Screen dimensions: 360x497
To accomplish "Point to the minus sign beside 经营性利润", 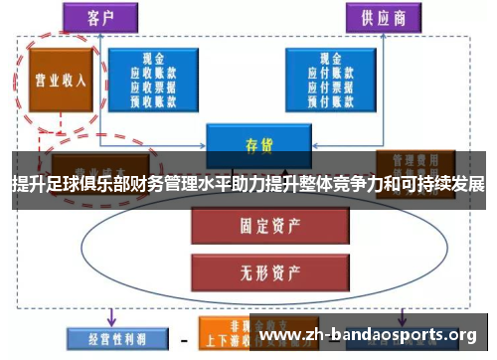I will point(183,339).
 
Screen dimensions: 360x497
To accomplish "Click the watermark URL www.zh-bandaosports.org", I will point(367,334).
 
